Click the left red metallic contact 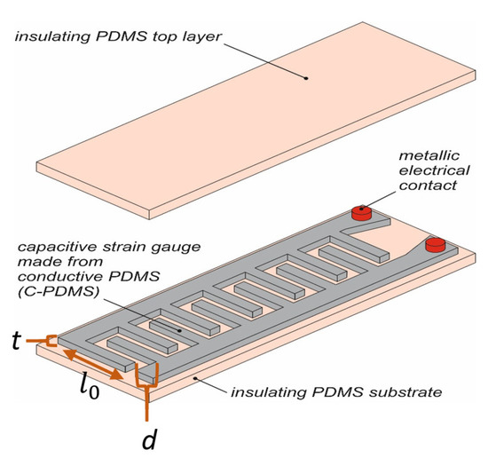point(360,212)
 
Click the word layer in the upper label point(204,35)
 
